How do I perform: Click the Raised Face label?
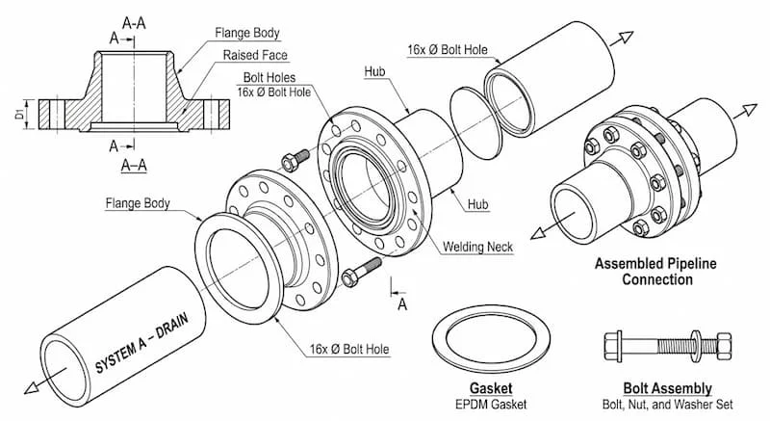pyautogui.click(x=255, y=56)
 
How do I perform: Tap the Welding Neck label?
pyautogui.click(x=478, y=247)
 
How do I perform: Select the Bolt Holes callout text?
pyautogui.click(x=268, y=77)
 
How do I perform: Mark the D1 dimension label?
pyautogui.click(x=20, y=117)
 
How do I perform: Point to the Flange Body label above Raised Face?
pyautogui.click(x=247, y=34)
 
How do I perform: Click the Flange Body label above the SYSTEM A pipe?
pyautogui.click(x=138, y=203)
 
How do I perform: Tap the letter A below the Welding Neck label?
pyautogui.click(x=403, y=303)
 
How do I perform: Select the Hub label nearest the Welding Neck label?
pyautogui.click(x=477, y=204)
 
